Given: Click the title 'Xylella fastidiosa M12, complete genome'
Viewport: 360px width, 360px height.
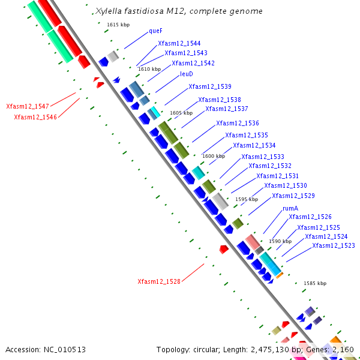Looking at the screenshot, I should point(179,11).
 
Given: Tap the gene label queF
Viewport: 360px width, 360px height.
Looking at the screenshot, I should point(155,31).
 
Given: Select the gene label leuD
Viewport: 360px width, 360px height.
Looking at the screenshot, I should point(187,74).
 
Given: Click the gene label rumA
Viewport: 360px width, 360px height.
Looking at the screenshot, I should point(290,208).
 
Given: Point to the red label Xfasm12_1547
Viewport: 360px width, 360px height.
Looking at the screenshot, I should point(28,106).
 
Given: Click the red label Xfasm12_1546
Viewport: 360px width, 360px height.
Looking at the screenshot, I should point(35,117).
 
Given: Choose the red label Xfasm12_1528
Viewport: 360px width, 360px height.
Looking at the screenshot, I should point(159,281).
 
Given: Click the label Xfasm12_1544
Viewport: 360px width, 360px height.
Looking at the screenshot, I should point(179,44).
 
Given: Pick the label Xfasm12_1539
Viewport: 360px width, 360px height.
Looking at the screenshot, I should point(210,87).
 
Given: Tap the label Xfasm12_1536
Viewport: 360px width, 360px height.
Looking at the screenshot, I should point(238,123).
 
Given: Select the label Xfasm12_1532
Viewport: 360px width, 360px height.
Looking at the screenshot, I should point(270,166).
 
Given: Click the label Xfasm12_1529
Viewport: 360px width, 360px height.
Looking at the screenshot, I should point(293,196).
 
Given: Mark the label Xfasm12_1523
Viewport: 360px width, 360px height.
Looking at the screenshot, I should point(334,245).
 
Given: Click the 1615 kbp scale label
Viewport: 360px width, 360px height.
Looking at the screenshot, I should point(118,25).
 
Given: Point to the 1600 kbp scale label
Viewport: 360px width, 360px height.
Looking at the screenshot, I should point(214,156).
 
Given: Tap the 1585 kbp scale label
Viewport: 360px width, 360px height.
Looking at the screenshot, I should point(315,283).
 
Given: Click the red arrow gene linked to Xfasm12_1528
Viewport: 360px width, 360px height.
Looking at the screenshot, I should point(224,248).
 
